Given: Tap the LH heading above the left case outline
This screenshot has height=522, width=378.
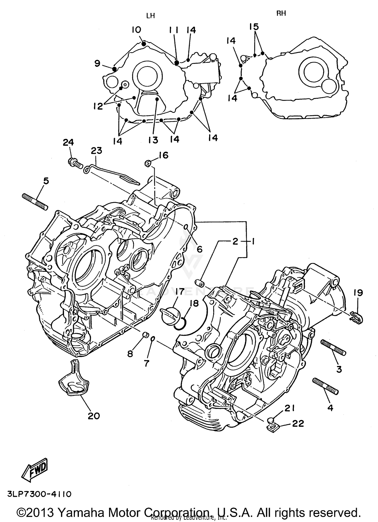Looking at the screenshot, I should tap(150, 16).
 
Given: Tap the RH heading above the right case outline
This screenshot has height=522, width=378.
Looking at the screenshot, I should tap(281, 14).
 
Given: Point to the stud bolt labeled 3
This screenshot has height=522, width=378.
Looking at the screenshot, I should tap(333, 348).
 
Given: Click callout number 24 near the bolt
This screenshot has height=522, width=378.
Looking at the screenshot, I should tap(68, 142).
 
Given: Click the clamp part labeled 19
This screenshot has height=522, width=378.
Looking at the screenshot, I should tap(356, 318).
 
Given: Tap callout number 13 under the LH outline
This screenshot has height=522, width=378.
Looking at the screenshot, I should tap(153, 140).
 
